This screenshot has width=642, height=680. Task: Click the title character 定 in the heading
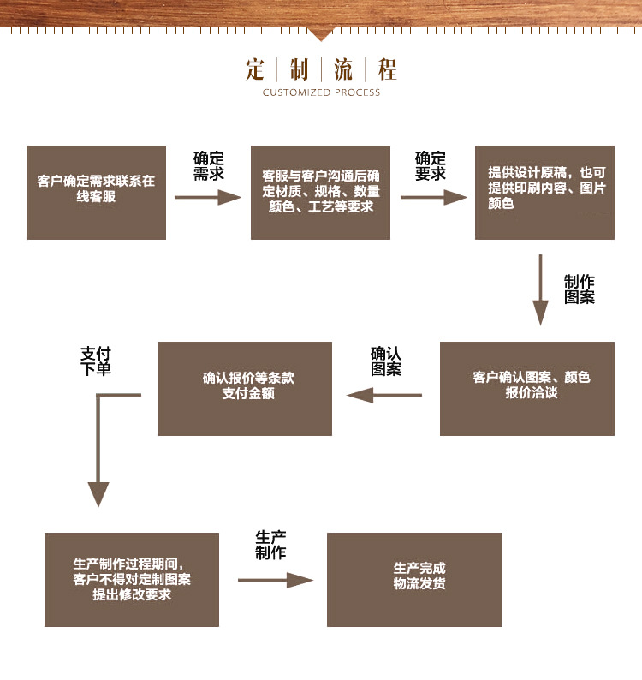255,69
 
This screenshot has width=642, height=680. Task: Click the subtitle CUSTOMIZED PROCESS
321,92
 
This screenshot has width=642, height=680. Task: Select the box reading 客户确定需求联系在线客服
96,192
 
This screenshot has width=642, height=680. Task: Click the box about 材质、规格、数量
320,192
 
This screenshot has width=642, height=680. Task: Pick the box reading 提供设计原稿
544,192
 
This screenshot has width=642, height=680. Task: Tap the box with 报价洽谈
526,388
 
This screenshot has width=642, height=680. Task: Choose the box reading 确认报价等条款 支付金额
245,388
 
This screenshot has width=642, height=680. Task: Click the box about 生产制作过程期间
132,579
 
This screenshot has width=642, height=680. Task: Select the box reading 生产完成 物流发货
414,579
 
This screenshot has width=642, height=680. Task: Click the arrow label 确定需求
208,166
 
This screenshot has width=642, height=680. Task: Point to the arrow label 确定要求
431,166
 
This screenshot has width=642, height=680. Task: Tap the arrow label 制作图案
580,289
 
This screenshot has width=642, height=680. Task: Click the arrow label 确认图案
386,361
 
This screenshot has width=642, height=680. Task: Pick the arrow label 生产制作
270,545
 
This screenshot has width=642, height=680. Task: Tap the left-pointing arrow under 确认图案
384,395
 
